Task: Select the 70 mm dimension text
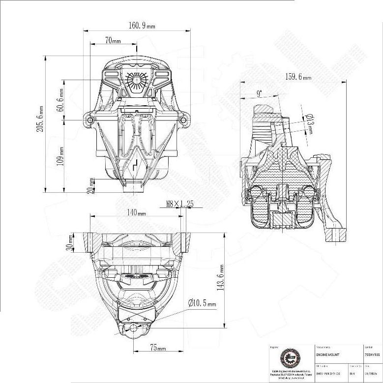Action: click(x=113, y=41)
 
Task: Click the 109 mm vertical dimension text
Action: click(x=60, y=156)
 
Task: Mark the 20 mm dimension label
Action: click(x=90, y=185)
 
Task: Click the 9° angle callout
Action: click(x=259, y=93)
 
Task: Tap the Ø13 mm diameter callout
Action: click(x=309, y=124)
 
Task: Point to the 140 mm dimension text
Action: click(x=136, y=213)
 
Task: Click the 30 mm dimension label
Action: click(x=70, y=242)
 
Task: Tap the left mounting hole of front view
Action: click(x=89, y=119)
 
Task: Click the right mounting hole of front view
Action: click(x=183, y=119)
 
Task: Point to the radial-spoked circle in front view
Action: click(x=136, y=80)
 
